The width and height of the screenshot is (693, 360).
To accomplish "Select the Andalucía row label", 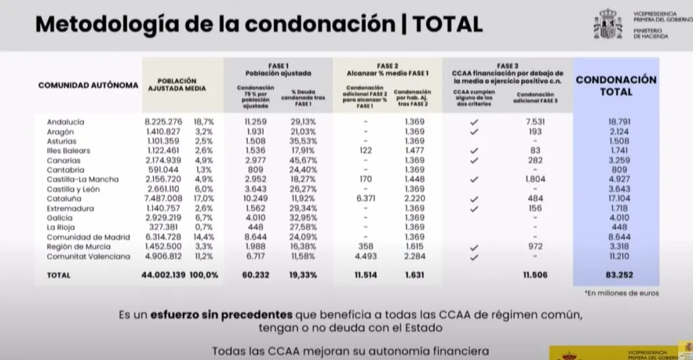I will point(66,122).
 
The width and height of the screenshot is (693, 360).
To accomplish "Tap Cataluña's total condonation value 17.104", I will point(616,199).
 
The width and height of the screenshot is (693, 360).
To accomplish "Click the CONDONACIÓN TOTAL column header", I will point(616,85).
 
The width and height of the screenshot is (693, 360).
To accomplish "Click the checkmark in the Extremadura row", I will point(474,209).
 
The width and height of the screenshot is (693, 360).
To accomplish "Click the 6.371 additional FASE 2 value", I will point(365,199).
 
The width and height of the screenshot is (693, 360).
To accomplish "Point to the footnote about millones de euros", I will point(620,294).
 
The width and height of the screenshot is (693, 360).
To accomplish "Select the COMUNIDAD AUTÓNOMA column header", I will point(88,86).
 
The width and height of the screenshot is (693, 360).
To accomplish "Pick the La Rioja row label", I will point(61,228).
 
